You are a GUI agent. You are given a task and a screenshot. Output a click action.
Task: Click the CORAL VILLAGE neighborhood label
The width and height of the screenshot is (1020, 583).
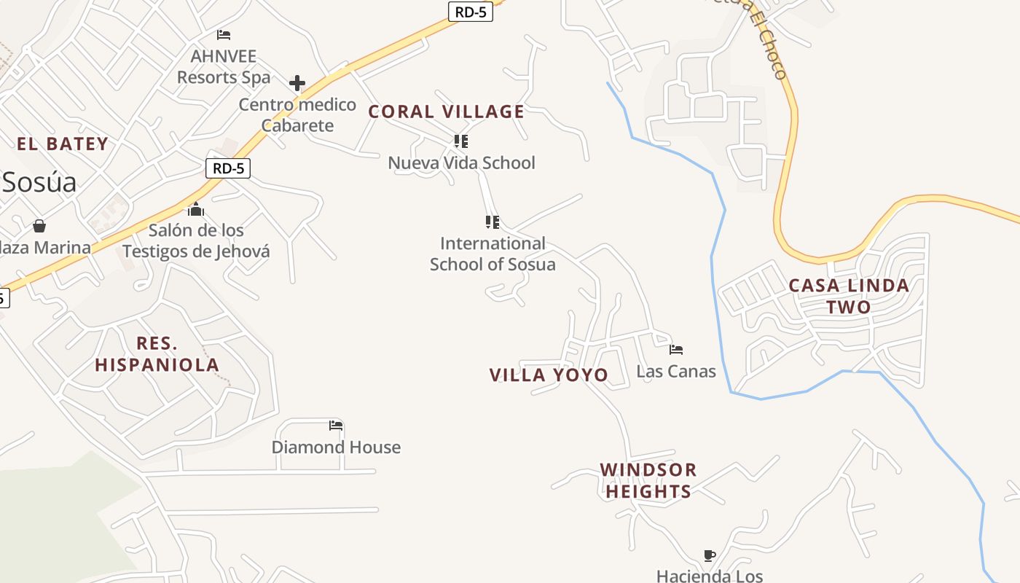coord(446,111)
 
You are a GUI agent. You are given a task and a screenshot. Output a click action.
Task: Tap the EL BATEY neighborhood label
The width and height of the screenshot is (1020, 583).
coord(63,144)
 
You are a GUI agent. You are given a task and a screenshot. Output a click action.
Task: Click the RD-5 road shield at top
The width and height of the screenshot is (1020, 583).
coord(470,12)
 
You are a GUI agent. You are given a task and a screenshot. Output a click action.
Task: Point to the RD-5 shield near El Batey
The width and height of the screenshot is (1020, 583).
coord(228,168)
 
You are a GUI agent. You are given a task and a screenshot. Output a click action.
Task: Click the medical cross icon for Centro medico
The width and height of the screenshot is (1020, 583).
coord(297,83)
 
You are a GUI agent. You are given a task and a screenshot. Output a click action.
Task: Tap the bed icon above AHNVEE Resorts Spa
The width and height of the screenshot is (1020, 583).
coord(224,34)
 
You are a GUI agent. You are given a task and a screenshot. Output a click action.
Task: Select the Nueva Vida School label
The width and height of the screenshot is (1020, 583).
coord(461,163)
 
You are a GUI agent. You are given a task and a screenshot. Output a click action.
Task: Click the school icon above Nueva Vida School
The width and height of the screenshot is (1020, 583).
coord(460,141)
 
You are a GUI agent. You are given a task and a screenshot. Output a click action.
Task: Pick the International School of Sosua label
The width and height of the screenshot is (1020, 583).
coord(493,254)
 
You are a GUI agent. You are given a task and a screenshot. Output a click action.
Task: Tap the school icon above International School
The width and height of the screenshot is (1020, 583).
coord(493,222)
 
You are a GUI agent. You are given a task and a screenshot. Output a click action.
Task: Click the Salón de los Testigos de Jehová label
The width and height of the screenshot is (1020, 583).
coord(196,241)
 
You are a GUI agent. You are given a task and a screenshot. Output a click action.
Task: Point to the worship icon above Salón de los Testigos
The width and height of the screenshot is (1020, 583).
coord(195,210)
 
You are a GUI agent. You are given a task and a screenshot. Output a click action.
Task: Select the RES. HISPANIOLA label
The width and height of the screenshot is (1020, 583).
coord(157,354)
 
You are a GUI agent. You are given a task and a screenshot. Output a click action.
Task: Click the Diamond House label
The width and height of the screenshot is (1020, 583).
coord(336,447)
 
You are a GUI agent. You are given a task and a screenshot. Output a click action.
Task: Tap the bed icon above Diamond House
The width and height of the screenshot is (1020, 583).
coord(335,425)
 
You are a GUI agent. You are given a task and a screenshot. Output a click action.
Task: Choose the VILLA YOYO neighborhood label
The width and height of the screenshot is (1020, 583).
coord(549,375)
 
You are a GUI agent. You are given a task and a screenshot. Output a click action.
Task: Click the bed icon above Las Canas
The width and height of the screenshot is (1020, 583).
coord(676,350)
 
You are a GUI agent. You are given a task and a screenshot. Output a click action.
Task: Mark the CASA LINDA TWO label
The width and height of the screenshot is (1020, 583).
coord(849,296)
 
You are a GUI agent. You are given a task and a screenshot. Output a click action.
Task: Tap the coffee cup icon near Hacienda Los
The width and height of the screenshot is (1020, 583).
coord(709,556)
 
